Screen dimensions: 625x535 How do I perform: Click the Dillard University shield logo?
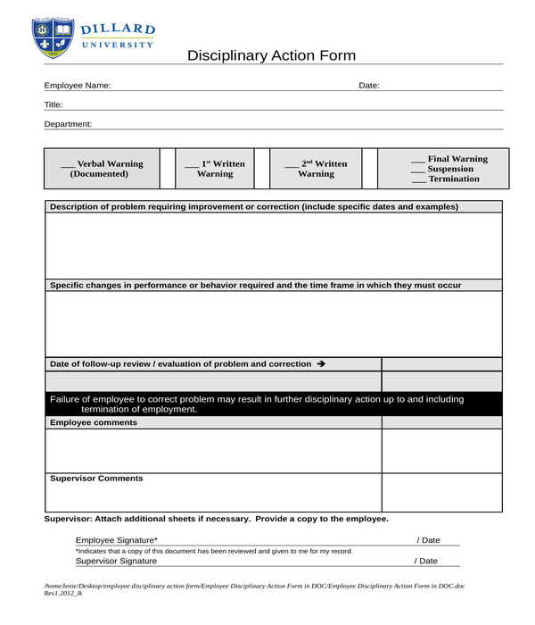pos(53,37)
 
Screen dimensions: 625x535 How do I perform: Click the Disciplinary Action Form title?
pos(271,55)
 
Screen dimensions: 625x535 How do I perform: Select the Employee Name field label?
pos(78,86)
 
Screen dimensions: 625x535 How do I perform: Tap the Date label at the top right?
pos(369,86)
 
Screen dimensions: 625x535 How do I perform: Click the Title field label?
pos(53,104)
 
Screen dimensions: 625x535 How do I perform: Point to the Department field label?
pos(68,124)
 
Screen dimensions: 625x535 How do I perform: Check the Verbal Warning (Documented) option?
pos(101,169)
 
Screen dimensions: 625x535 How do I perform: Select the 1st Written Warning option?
pos(214,169)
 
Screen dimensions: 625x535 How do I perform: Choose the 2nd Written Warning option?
pos(316,169)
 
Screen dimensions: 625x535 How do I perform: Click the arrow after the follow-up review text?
pos(321,364)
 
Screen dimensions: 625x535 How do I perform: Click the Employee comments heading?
pos(94,422)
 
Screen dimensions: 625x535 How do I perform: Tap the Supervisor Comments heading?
pos(96,479)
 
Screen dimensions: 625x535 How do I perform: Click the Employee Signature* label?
pos(116,540)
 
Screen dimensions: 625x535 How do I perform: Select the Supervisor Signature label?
pos(116,561)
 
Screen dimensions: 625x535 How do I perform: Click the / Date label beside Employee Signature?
pos(427,540)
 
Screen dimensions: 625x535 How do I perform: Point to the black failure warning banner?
pos(273,404)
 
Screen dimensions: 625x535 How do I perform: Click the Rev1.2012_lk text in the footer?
pos(63,593)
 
